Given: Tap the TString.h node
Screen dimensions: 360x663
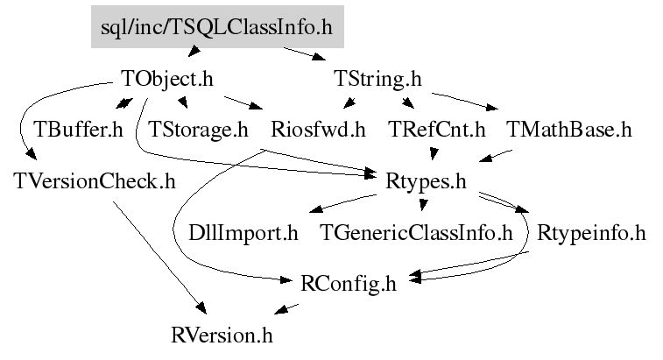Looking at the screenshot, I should point(378,79).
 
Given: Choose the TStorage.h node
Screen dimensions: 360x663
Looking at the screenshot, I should point(199,131).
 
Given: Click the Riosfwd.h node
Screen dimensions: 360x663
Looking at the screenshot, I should point(318,131).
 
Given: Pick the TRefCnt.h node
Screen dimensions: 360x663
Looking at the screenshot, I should point(436,131).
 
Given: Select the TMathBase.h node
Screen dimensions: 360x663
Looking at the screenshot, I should point(568,131).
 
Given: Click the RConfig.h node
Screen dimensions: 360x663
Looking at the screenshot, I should point(349,284).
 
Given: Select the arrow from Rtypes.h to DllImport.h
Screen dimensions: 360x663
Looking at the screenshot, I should point(342,205).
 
